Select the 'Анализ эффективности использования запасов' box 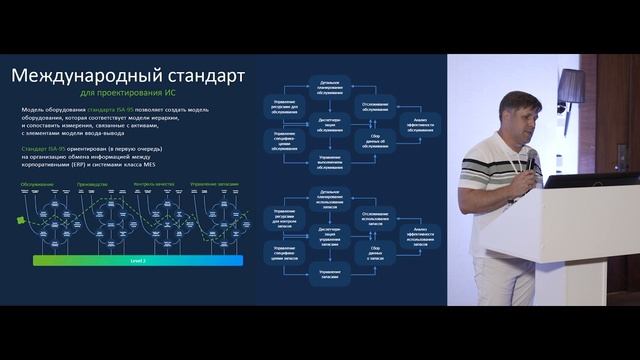[x=421, y=235]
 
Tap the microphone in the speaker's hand [x=531, y=160]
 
